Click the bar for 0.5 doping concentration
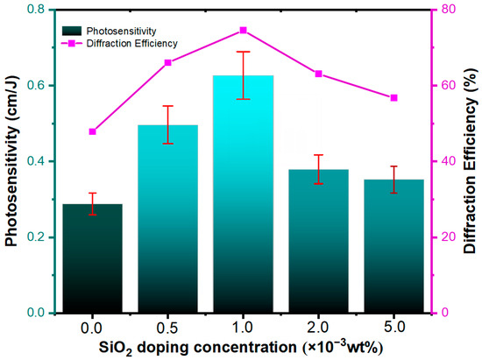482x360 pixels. [167, 219]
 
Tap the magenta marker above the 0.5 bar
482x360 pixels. [167, 62]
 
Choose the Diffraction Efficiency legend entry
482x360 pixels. [131, 42]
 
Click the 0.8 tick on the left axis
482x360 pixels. [36, 10]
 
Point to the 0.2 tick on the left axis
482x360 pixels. [36, 237]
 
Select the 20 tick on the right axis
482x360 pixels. [446, 237]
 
